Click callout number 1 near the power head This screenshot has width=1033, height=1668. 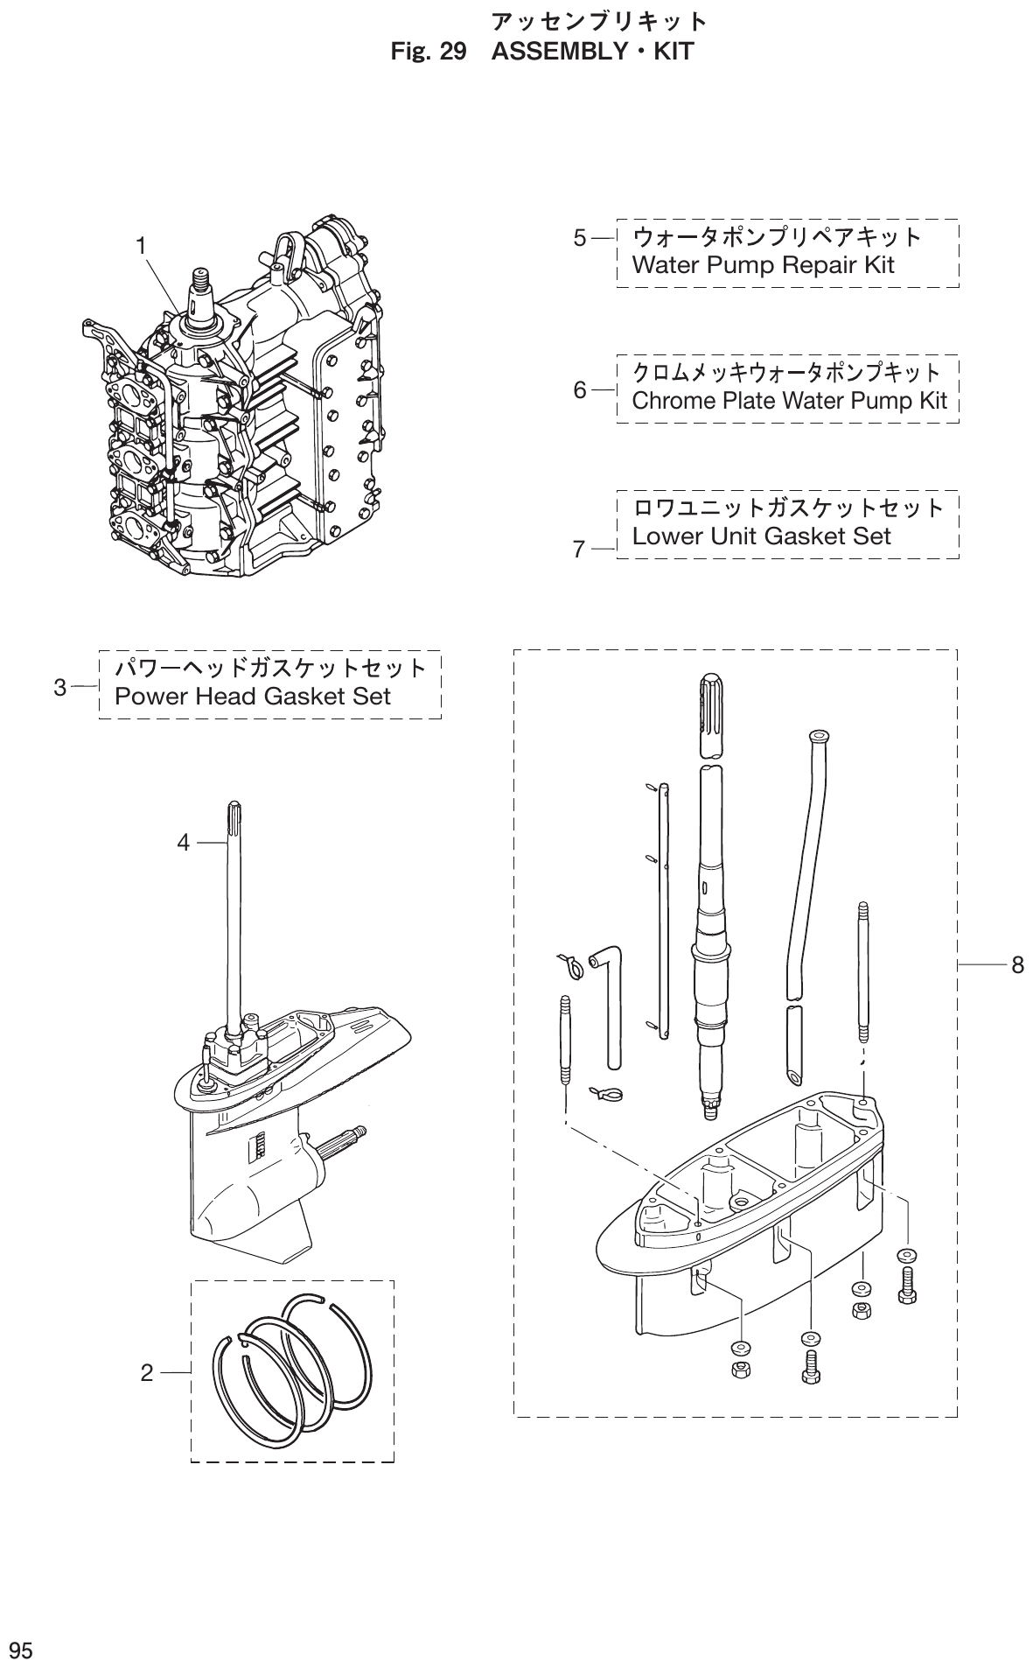pos(140,247)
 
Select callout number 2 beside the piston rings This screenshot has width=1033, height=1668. pos(146,1372)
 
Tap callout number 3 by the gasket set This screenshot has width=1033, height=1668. pos(59,687)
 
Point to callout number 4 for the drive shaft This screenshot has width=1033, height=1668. pos(183,843)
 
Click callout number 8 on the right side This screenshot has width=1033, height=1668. pos(1016,965)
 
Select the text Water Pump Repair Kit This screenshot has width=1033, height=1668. pos(762,265)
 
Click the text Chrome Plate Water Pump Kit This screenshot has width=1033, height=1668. pos(789,401)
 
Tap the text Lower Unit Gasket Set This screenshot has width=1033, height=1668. pos(761,536)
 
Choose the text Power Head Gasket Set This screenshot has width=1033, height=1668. pos(253,697)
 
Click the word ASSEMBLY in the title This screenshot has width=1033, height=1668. pos(557,52)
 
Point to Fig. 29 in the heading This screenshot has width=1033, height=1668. pos(429,52)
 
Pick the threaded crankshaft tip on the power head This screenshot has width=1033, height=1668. pos(200,284)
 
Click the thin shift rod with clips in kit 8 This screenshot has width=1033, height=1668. pos(664,910)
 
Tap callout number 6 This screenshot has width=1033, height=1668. pos(580,390)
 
